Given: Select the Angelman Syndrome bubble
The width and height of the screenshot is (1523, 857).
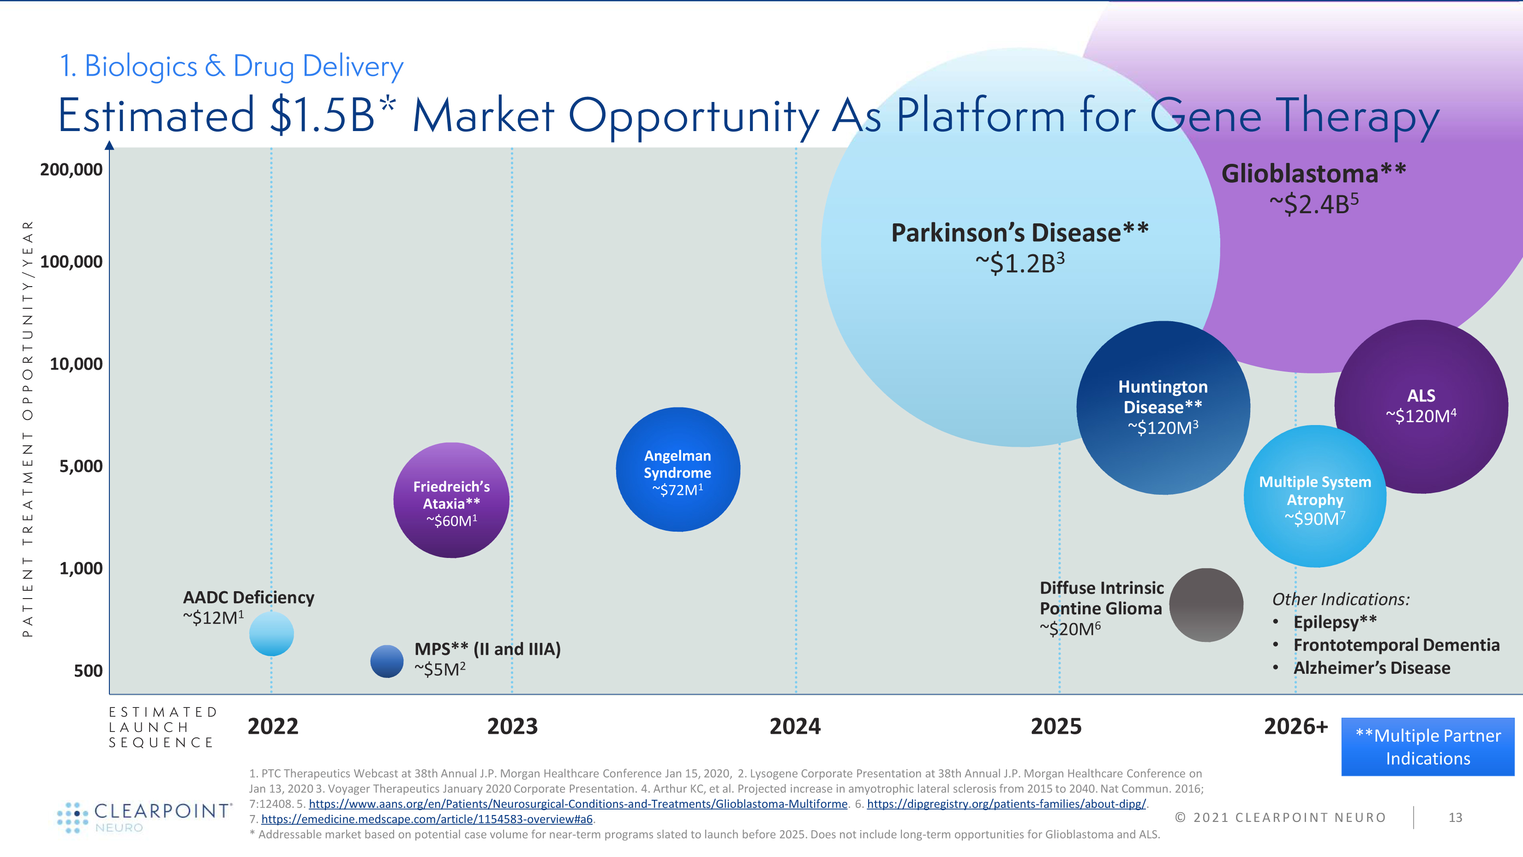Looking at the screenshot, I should [x=678, y=470].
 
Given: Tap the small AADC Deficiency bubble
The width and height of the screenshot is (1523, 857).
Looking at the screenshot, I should [x=271, y=634].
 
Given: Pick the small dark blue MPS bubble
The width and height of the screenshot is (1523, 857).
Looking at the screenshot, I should [x=387, y=661].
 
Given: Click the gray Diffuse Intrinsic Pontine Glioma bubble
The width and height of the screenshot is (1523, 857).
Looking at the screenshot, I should [x=1206, y=605].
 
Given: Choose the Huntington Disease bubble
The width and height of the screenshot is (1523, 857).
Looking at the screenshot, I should [x=1163, y=408].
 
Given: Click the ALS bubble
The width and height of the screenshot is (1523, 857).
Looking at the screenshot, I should [x=1421, y=407].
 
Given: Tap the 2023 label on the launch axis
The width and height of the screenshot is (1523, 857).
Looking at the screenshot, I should [x=512, y=726].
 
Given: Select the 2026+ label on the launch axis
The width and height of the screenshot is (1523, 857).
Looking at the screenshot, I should [x=1295, y=726].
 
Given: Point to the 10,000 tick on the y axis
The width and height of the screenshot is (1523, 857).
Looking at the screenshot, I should [x=76, y=364].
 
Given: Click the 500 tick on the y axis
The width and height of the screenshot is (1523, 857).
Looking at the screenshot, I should [x=88, y=671].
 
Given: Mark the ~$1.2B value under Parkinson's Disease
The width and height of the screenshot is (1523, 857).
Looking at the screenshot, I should [x=1019, y=263].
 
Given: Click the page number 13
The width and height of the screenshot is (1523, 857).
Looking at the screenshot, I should [x=1455, y=817].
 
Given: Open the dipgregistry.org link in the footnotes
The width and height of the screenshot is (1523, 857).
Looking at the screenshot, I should [x=1006, y=804].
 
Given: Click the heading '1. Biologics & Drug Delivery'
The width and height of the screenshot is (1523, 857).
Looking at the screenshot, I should [x=231, y=66].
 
